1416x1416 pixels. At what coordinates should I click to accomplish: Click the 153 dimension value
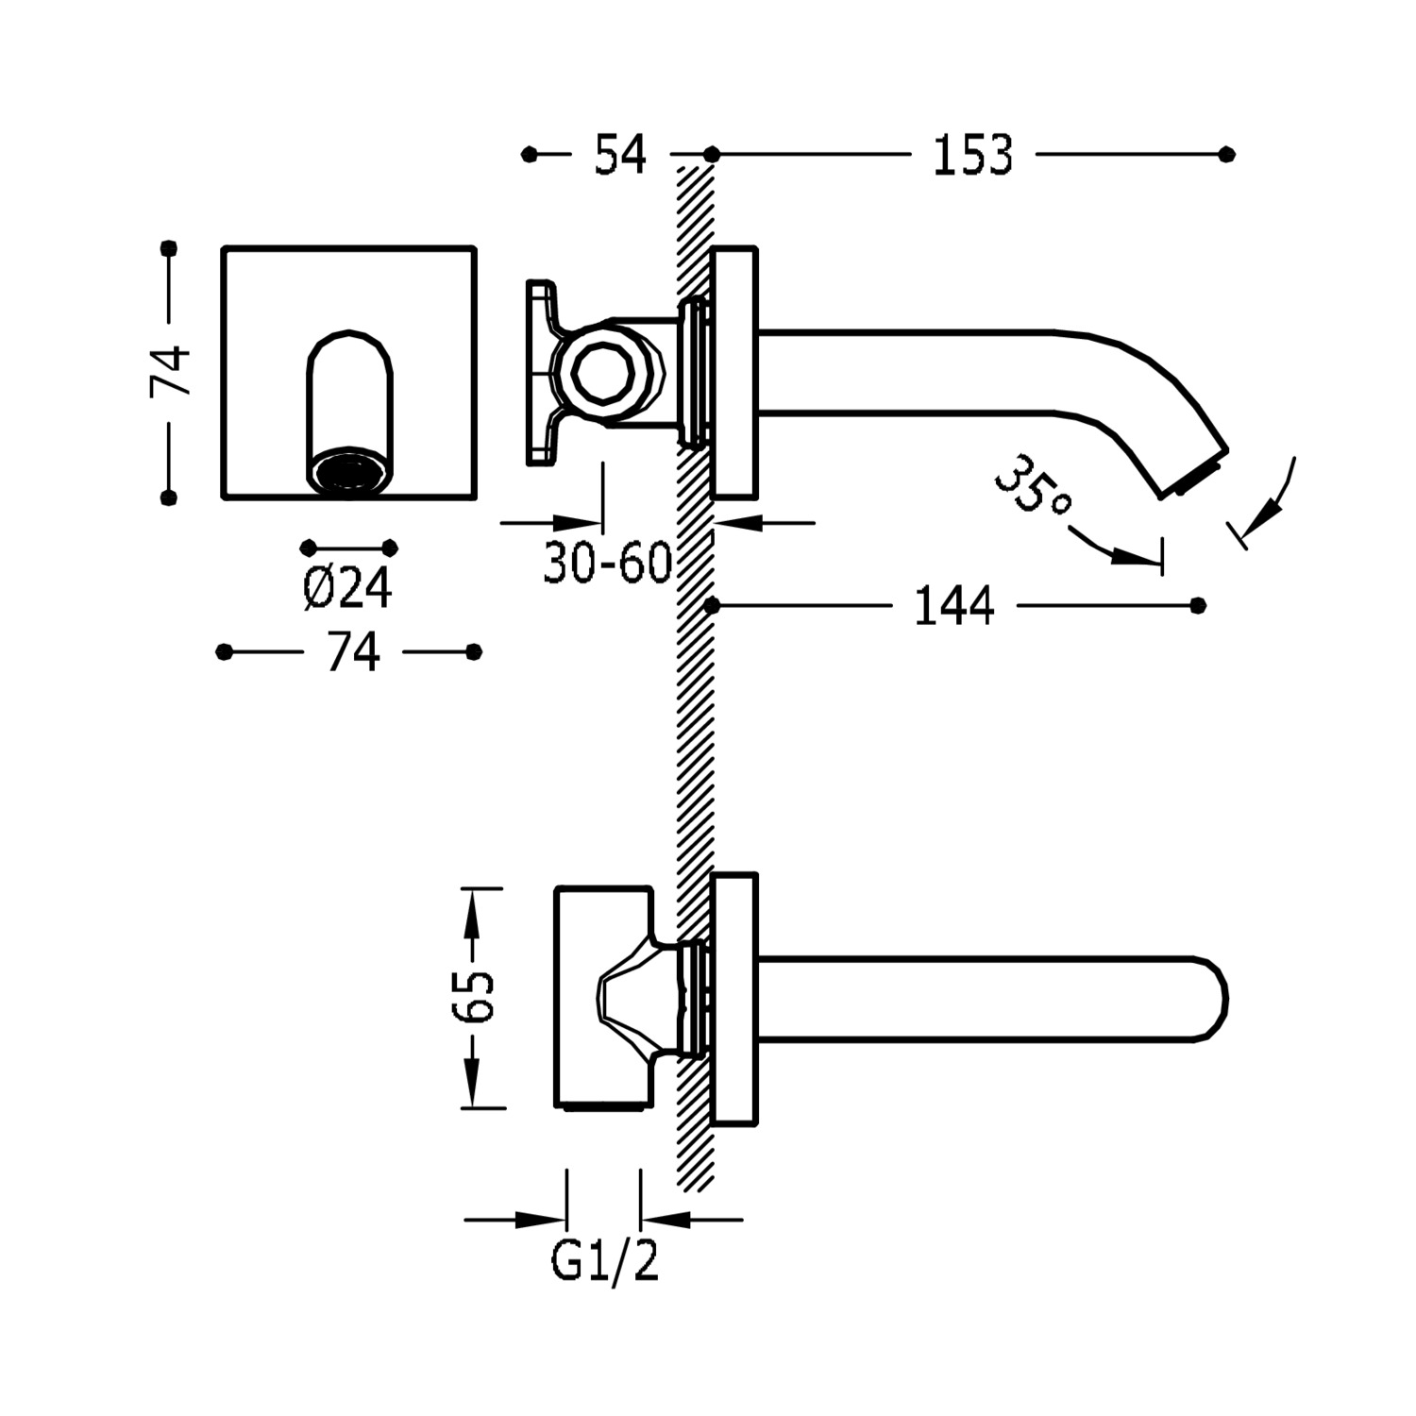(x=972, y=156)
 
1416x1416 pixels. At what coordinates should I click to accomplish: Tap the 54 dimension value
(x=620, y=156)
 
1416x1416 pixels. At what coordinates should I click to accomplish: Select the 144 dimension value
(x=954, y=606)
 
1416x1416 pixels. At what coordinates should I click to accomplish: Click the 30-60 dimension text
(x=607, y=565)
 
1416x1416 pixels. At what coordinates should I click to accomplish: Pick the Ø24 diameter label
(x=347, y=590)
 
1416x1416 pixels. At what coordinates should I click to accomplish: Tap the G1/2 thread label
(x=604, y=1261)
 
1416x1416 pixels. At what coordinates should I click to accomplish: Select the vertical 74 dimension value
(x=171, y=371)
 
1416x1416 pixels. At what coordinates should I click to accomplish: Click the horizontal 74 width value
(x=352, y=652)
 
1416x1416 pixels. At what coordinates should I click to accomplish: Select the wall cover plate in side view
(x=734, y=372)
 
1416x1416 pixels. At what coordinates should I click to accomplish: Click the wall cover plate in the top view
(x=734, y=1000)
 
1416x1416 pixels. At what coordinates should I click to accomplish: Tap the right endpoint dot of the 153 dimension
(x=1226, y=155)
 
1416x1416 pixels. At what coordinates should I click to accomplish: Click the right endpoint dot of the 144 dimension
(x=1198, y=605)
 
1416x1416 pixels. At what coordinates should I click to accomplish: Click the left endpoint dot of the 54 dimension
(x=530, y=155)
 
